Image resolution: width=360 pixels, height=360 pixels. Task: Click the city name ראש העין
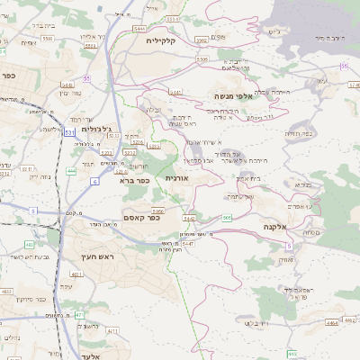(82, 257)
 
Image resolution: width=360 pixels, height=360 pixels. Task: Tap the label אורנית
(176, 178)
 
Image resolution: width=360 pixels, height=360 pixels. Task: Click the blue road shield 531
(69, 132)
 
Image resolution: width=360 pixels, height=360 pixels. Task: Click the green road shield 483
(29, 244)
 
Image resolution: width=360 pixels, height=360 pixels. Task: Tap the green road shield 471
(79, 315)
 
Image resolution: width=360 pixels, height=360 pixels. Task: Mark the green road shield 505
(227, 218)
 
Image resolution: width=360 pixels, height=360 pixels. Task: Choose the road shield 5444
(139, 30)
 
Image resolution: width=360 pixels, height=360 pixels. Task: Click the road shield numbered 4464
(331, 321)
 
